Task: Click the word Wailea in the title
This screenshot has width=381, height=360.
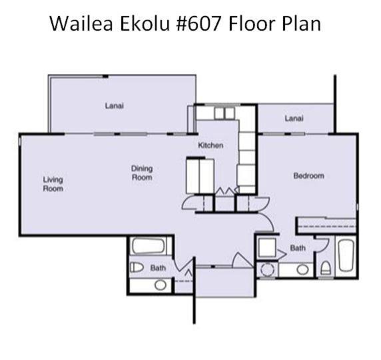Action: point(81,23)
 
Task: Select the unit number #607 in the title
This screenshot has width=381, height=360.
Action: point(198,23)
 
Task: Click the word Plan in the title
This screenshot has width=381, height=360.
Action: point(301,23)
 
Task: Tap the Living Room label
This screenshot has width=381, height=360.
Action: point(53,184)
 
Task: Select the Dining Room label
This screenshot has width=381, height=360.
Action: point(142,173)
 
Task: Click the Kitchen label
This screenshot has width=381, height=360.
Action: point(210,145)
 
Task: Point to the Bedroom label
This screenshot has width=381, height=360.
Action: point(308,175)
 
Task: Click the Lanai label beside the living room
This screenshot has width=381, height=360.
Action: point(115,106)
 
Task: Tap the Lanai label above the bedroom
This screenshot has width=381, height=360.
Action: point(294,119)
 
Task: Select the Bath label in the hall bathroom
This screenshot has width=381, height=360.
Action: point(158,268)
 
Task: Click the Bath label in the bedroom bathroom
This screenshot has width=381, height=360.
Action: point(298,248)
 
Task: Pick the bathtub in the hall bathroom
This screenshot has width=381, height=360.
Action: point(149,246)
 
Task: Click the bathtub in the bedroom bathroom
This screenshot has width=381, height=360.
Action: point(346,255)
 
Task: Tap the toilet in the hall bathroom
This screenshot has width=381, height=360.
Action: point(137,267)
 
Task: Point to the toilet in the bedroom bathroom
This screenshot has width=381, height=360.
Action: point(325,268)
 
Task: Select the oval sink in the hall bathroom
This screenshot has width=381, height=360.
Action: point(161,285)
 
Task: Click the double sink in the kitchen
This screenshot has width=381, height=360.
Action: point(224,113)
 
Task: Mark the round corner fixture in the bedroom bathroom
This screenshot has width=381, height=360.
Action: point(267,269)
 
